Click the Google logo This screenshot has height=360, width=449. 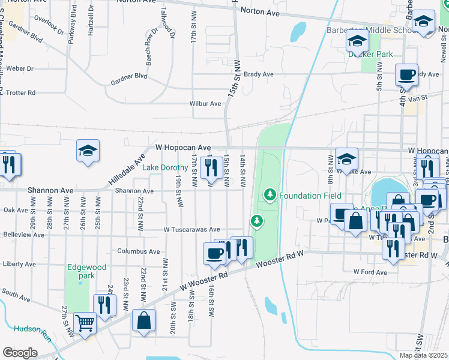[x=20, y=353]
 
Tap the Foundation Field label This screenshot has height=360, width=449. [x=310, y=196]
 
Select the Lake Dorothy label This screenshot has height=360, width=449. [x=165, y=168]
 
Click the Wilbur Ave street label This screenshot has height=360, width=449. [x=205, y=103]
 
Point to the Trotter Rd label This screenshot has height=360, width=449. [x=20, y=93]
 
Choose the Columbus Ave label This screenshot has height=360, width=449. [x=139, y=251]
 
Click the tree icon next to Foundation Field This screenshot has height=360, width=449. [x=270, y=195]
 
